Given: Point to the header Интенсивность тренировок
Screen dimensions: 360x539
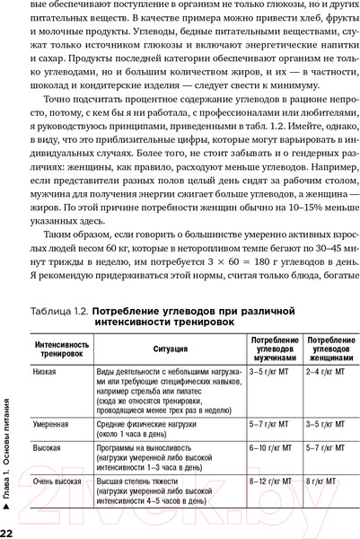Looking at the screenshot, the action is pos(62,349).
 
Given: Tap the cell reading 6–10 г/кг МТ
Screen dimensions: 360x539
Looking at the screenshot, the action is pos(270,446).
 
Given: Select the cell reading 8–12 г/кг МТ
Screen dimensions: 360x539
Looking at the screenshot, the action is pos(270,482).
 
